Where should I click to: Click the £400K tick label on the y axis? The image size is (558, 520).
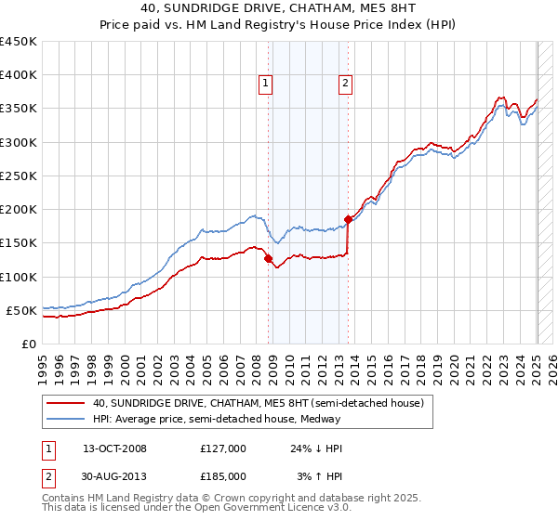click(19, 75)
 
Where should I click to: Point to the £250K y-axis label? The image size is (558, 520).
click(19, 175)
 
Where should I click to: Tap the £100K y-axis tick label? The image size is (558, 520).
click(19, 277)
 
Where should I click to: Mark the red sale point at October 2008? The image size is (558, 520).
click(269, 259)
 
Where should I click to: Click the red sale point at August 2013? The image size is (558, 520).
click(349, 220)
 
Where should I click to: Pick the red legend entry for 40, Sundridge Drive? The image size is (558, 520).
click(259, 403)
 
